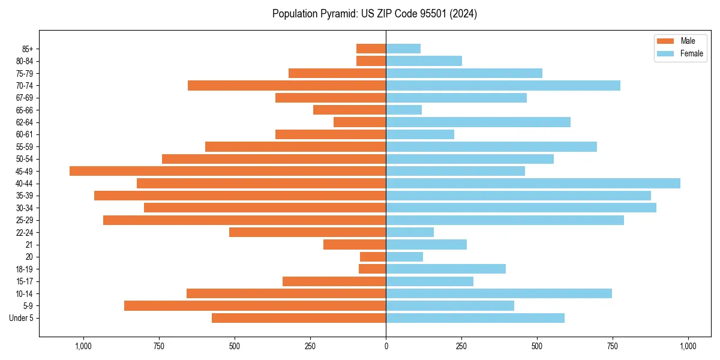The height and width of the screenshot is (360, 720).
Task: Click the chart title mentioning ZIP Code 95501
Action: tap(374, 14)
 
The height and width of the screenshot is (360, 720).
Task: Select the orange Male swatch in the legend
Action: tap(665, 41)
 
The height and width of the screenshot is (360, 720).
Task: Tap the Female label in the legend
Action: tap(691, 53)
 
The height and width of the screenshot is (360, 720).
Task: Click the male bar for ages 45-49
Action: tap(227, 171)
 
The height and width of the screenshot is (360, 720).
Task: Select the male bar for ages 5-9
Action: tap(255, 306)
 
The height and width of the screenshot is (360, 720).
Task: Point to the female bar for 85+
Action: tap(403, 49)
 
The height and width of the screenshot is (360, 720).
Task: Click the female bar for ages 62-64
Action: tap(478, 122)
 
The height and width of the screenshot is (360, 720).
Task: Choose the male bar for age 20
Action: tap(373, 257)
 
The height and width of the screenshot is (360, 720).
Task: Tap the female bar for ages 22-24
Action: tap(410, 232)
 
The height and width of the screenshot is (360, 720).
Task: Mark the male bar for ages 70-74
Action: tap(287, 86)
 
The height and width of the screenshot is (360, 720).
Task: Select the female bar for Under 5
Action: tap(475, 318)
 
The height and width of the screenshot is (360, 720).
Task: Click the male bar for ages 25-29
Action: tap(244, 220)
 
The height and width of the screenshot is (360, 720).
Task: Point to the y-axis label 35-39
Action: tap(25, 196)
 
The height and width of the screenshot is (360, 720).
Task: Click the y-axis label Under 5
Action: tap(22, 318)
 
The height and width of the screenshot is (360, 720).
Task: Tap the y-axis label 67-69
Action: tap(25, 98)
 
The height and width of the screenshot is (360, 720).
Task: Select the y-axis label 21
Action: tap(29, 245)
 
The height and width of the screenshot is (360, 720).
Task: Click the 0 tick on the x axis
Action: tap(386, 346)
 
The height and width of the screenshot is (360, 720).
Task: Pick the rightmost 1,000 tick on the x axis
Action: tap(688, 346)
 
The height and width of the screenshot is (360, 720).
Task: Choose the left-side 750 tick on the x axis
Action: tap(159, 346)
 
